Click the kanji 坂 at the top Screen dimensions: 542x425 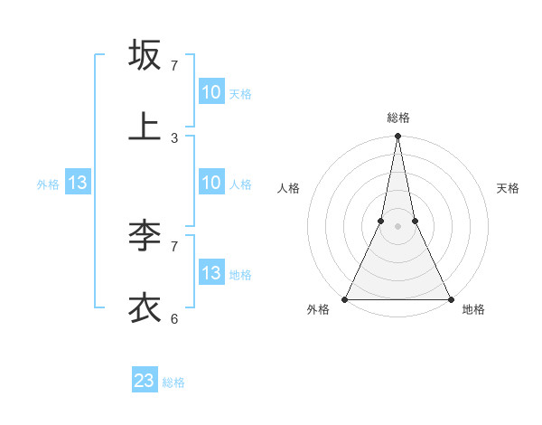145,54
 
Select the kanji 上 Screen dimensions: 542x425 145,127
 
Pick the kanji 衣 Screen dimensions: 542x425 145,307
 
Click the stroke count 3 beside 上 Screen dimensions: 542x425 174,138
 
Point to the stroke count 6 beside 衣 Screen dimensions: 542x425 174,318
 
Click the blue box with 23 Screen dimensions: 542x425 145,381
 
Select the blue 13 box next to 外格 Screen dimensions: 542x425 78,184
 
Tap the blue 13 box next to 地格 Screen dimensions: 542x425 210,273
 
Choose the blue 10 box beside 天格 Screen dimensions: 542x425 210,92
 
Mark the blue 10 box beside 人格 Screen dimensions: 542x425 210,183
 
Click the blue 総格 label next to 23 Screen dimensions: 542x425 173,382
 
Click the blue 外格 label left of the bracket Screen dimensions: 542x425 48,184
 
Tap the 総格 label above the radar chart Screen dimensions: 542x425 397,118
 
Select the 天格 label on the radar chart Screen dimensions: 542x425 509,188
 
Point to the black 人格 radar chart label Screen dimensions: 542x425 288,188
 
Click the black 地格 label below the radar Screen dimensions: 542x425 473,310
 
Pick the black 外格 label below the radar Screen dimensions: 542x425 318,310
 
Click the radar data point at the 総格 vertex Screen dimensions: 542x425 397,136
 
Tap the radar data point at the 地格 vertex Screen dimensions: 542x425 450,298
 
